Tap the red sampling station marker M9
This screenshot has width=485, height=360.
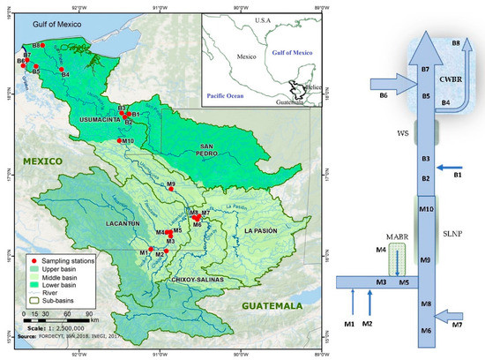tap(171, 189)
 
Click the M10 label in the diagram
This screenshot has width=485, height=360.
tap(426, 209)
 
